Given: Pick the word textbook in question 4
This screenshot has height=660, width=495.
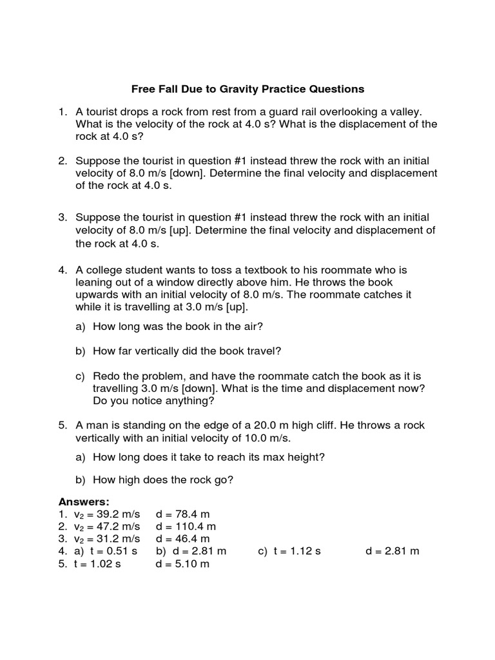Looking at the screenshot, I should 251,271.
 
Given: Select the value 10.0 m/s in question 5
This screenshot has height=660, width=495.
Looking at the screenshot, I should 265,438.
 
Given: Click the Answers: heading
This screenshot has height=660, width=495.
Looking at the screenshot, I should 84,501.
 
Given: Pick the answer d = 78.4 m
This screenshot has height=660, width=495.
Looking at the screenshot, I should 183,514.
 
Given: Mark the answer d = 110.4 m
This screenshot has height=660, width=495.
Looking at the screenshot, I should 186,527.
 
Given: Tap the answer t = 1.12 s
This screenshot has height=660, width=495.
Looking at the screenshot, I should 297,551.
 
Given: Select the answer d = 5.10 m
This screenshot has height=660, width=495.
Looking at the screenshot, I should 183,564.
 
